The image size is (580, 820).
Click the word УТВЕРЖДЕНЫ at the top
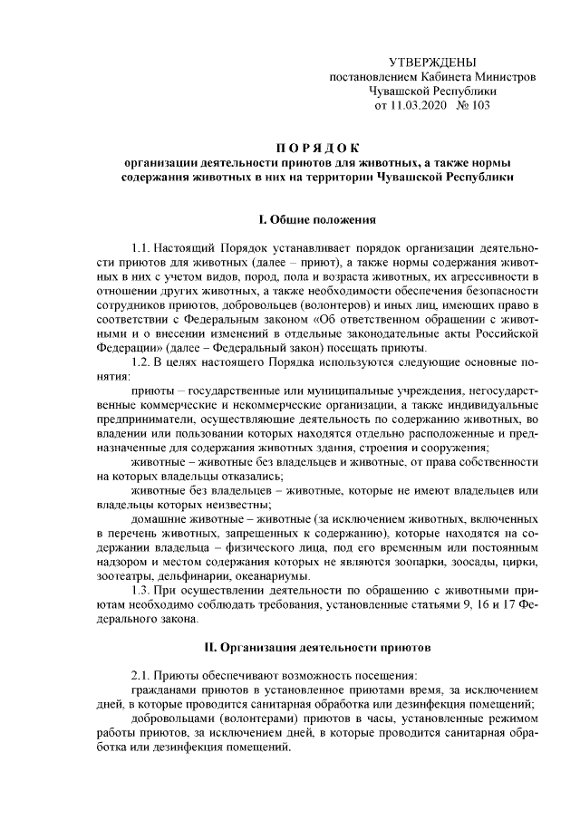click(x=430, y=62)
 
